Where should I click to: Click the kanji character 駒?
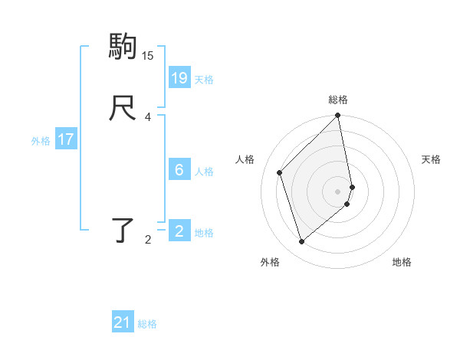(x=122, y=47)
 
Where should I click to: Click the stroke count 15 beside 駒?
(x=148, y=56)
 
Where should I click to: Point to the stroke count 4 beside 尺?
(x=148, y=117)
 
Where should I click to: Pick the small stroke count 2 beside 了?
(x=148, y=240)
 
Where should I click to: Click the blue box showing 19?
(x=179, y=77)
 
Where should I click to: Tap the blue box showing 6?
(x=179, y=170)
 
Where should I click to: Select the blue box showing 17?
(x=66, y=139)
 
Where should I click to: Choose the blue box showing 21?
(x=123, y=322)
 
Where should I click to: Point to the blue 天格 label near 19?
(x=204, y=80)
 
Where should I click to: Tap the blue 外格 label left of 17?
(x=41, y=141)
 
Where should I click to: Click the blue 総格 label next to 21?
(x=147, y=324)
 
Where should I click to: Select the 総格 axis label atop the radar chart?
(x=338, y=100)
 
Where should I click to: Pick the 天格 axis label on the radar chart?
(x=431, y=159)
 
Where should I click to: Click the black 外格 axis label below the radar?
(x=269, y=263)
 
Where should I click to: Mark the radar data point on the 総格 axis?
(x=338, y=116)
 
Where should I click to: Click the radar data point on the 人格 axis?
(x=280, y=172)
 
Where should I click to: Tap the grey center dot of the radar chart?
(x=338, y=191)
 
